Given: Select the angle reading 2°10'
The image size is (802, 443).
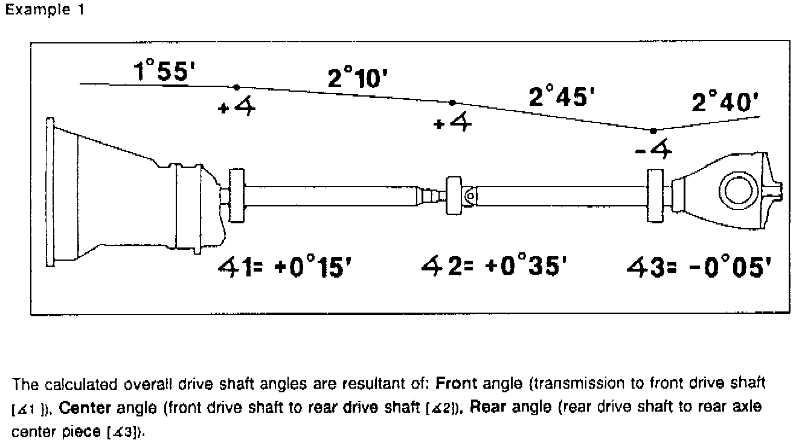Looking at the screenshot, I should click(x=357, y=78).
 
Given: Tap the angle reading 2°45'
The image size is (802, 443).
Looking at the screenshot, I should click(x=558, y=97).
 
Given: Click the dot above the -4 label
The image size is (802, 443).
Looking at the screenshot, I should click(x=653, y=130).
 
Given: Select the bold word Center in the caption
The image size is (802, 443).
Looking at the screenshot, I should click(x=86, y=408).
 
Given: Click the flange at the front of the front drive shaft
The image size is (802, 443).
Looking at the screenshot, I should click(x=236, y=197).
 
